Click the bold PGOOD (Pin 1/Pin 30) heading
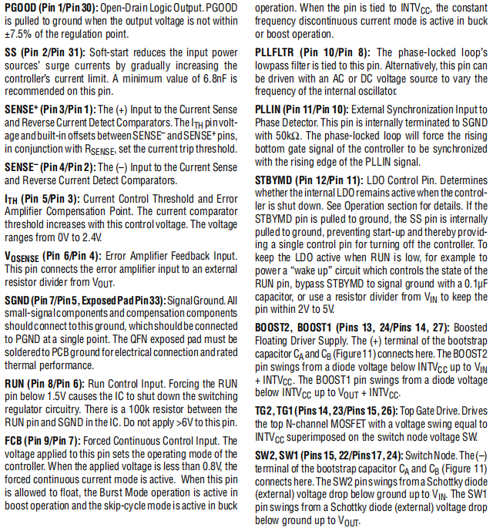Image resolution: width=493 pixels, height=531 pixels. pyautogui.click(x=52, y=8)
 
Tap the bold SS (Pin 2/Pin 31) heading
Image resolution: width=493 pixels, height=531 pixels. pyautogui.click(x=45, y=53)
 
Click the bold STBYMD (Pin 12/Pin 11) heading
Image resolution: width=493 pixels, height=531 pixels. pyautogui.click(x=316, y=180)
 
